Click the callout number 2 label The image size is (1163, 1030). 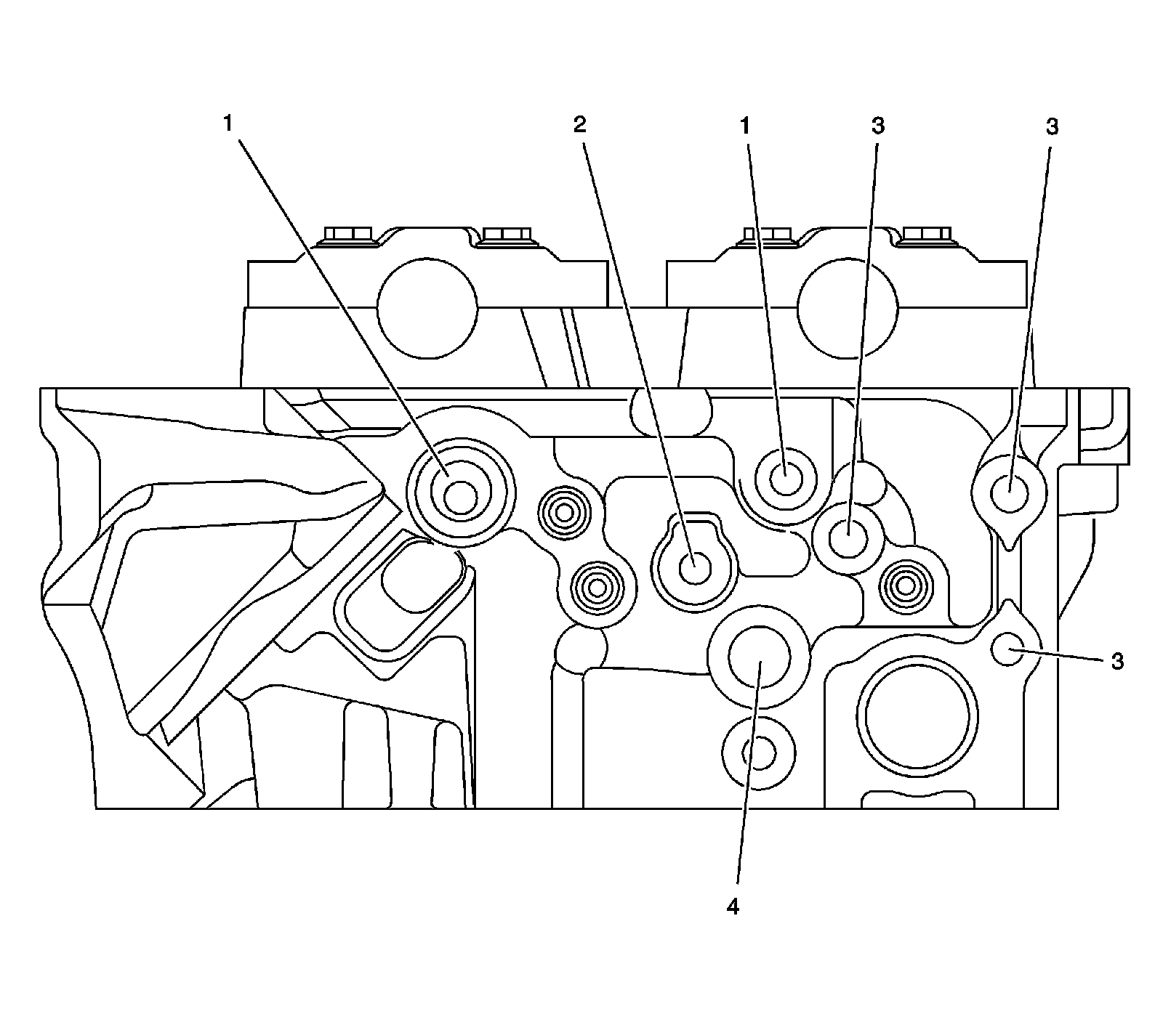579,125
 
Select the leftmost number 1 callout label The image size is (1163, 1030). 228,123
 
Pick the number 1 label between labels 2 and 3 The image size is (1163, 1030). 744,126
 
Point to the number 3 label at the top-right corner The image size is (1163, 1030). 1052,126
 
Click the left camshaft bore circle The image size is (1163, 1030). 427,307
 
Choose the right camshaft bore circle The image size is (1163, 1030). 848,307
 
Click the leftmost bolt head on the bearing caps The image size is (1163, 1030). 348,235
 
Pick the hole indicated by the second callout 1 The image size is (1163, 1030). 786,479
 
